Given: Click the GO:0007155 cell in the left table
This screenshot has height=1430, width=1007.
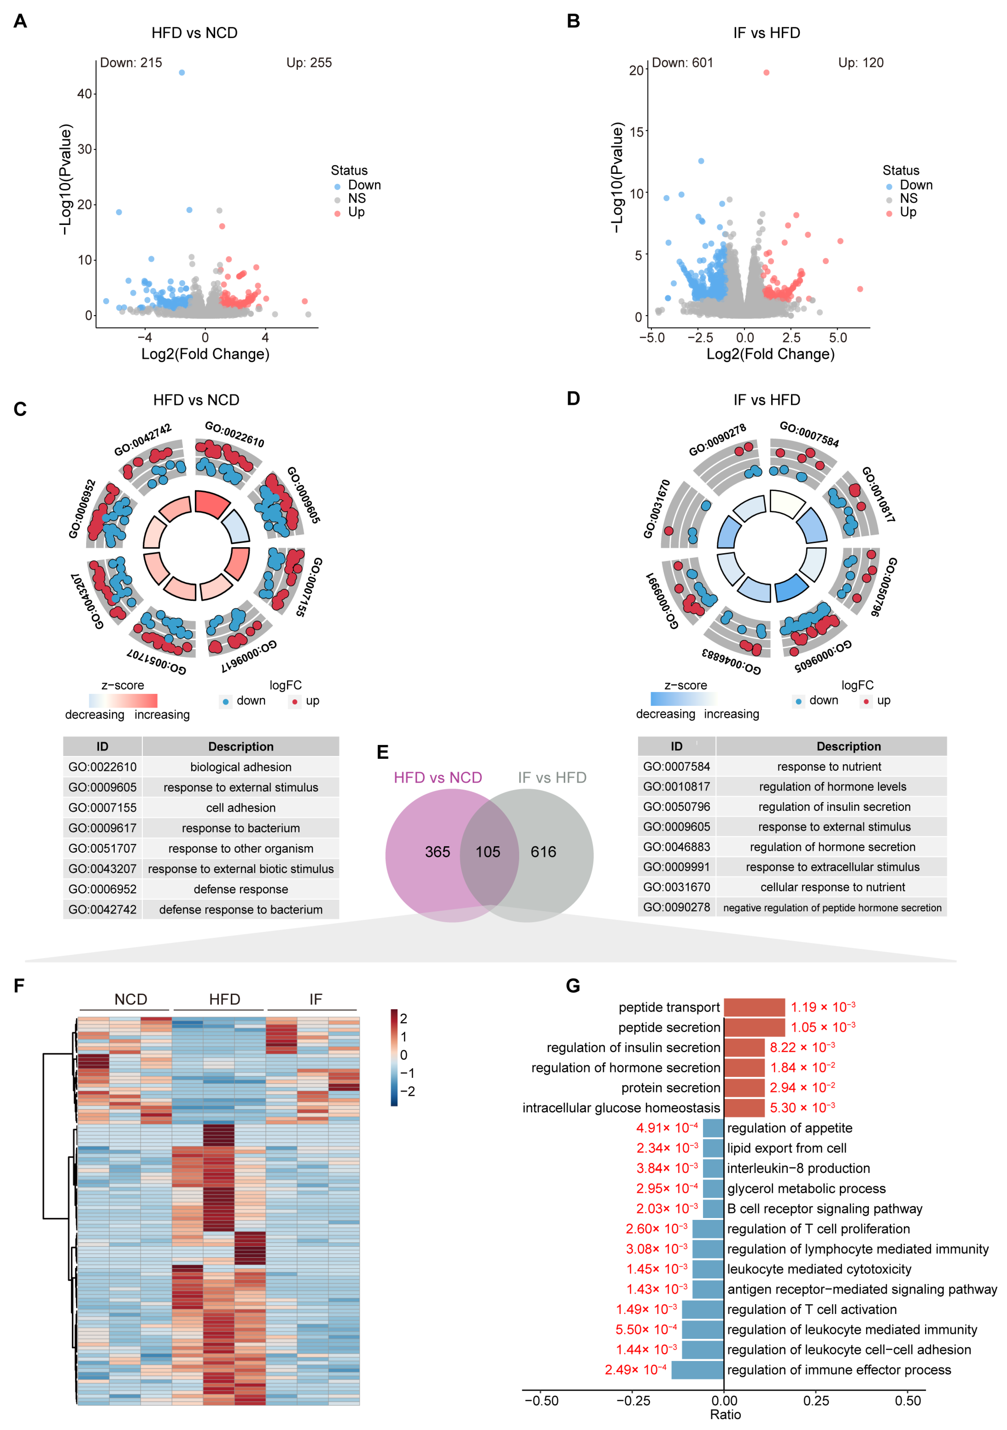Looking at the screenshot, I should point(102,808).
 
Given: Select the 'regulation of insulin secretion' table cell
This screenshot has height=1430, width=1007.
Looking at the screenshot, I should point(834,807).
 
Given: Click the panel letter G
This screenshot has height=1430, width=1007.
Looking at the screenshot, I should point(573,986).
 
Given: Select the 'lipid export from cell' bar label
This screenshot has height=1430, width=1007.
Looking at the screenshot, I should point(787,1148).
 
